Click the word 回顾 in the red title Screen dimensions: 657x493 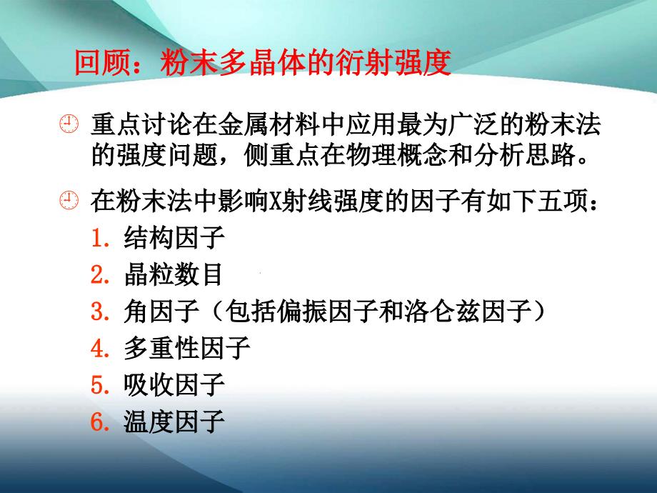(x=102, y=63)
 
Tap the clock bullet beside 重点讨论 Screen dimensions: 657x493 (x=69, y=124)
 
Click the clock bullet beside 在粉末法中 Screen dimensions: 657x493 (x=69, y=200)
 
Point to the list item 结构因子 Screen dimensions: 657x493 (x=174, y=237)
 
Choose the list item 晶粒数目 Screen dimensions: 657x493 (x=173, y=274)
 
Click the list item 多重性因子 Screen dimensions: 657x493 (x=187, y=348)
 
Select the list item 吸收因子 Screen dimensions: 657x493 (x=174, y=385)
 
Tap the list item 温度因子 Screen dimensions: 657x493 (x=174, y=422)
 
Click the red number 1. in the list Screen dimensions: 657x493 (x=101, y=238)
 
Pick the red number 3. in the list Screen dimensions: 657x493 (x=101, y=312)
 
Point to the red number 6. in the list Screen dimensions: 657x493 (x=101, y=422)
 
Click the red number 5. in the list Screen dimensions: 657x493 (x=101, y=386)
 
